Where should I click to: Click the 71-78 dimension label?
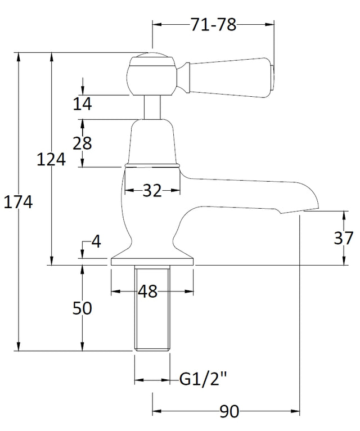tap(213, 25)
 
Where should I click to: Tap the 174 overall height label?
tap(18, 203)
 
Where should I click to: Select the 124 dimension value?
tap(51, 159)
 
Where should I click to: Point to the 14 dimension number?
tap(82, 104)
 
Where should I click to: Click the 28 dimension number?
tap(82, 143)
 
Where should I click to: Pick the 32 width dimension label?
tap(152, 190)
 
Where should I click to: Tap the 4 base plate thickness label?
tap(96, 242)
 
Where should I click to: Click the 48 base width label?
tap(148, 291)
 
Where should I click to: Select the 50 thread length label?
tap(82, 308)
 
